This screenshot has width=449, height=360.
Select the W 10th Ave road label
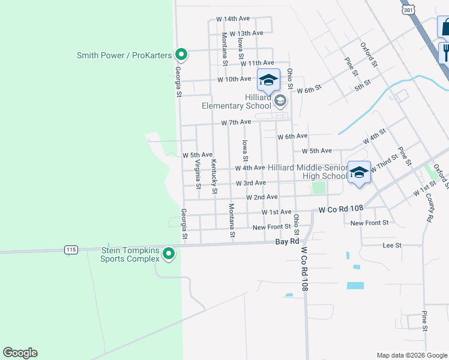234,79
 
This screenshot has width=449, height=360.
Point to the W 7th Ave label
236,122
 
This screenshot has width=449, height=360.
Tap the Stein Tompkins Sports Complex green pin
169,254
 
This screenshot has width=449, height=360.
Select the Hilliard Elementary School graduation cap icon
268,80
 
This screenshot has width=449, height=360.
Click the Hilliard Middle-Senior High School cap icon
359,173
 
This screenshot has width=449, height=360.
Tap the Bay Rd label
287,242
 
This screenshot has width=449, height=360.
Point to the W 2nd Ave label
262,197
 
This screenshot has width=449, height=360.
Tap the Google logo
20,353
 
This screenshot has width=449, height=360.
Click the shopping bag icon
445,28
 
